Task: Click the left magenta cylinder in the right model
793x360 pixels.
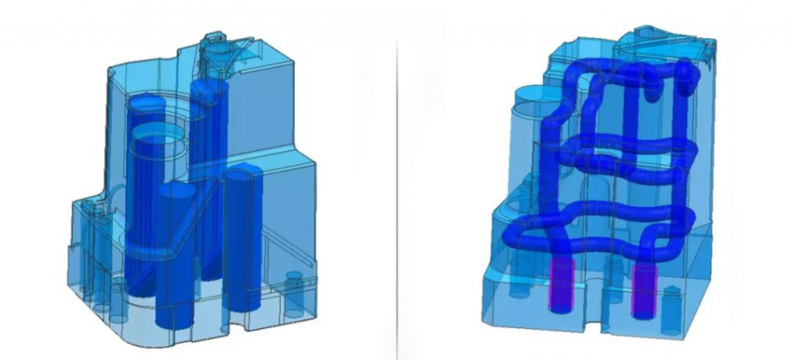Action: (561, 286)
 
